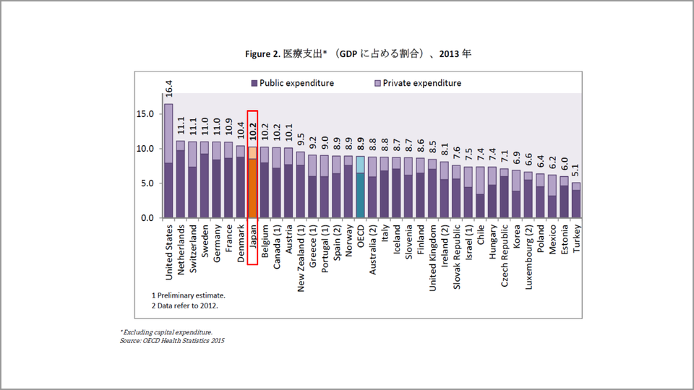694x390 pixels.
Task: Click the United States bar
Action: [168, 160]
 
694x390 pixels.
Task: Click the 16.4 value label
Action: [168, 89]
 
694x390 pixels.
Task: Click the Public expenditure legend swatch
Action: [254, 83]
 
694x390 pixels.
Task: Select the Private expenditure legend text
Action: [421, 83]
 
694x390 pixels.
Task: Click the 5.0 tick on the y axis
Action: [146, 183]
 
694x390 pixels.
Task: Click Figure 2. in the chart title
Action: [262, 53]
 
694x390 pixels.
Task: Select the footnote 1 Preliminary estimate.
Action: [188, 295]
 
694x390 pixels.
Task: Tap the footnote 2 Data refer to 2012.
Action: [185, 305]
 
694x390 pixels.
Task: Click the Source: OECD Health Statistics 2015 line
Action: [172, 339]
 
